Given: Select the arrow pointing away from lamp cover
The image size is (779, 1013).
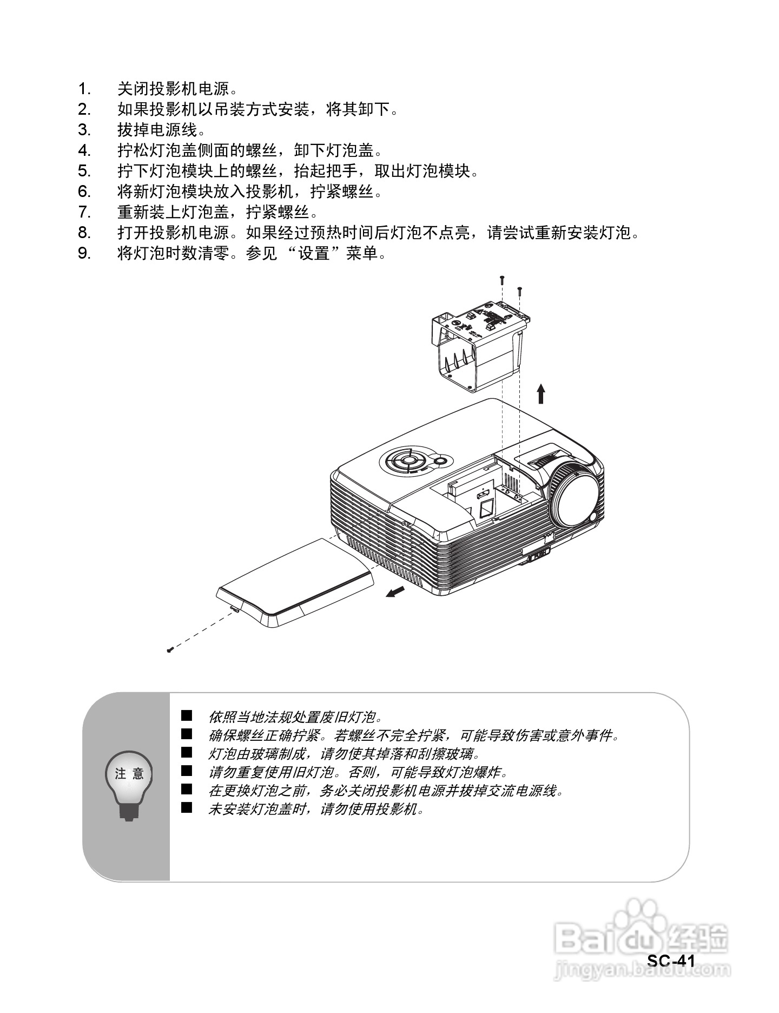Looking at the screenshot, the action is tap(396, 592).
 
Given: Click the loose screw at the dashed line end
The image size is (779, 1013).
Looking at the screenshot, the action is tap(169, 650).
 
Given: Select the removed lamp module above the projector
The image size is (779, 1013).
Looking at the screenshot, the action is tap(478, 346).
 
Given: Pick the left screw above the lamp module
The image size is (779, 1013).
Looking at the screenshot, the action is tap(502, 280).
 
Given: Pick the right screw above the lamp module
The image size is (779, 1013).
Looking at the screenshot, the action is tap(519, 291).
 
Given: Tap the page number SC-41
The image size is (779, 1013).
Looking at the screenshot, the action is tap(671, 961).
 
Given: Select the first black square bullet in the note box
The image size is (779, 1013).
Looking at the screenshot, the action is tap(187, 716).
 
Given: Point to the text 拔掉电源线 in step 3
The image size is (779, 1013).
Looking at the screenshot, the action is tap(157, 130).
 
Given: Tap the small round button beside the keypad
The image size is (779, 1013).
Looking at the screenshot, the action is tap(440, 461).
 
